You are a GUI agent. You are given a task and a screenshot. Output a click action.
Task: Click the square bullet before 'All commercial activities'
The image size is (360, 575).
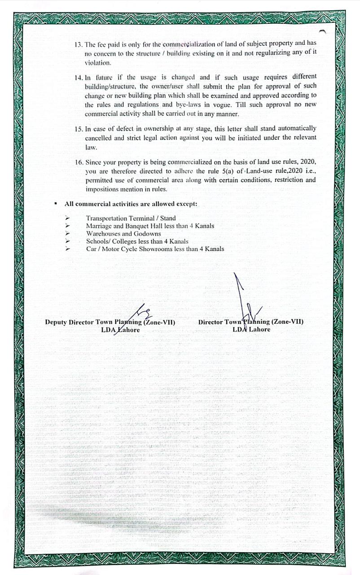point(55,204)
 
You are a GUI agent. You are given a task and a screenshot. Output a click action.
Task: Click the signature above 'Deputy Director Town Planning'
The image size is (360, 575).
point(137,312)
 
